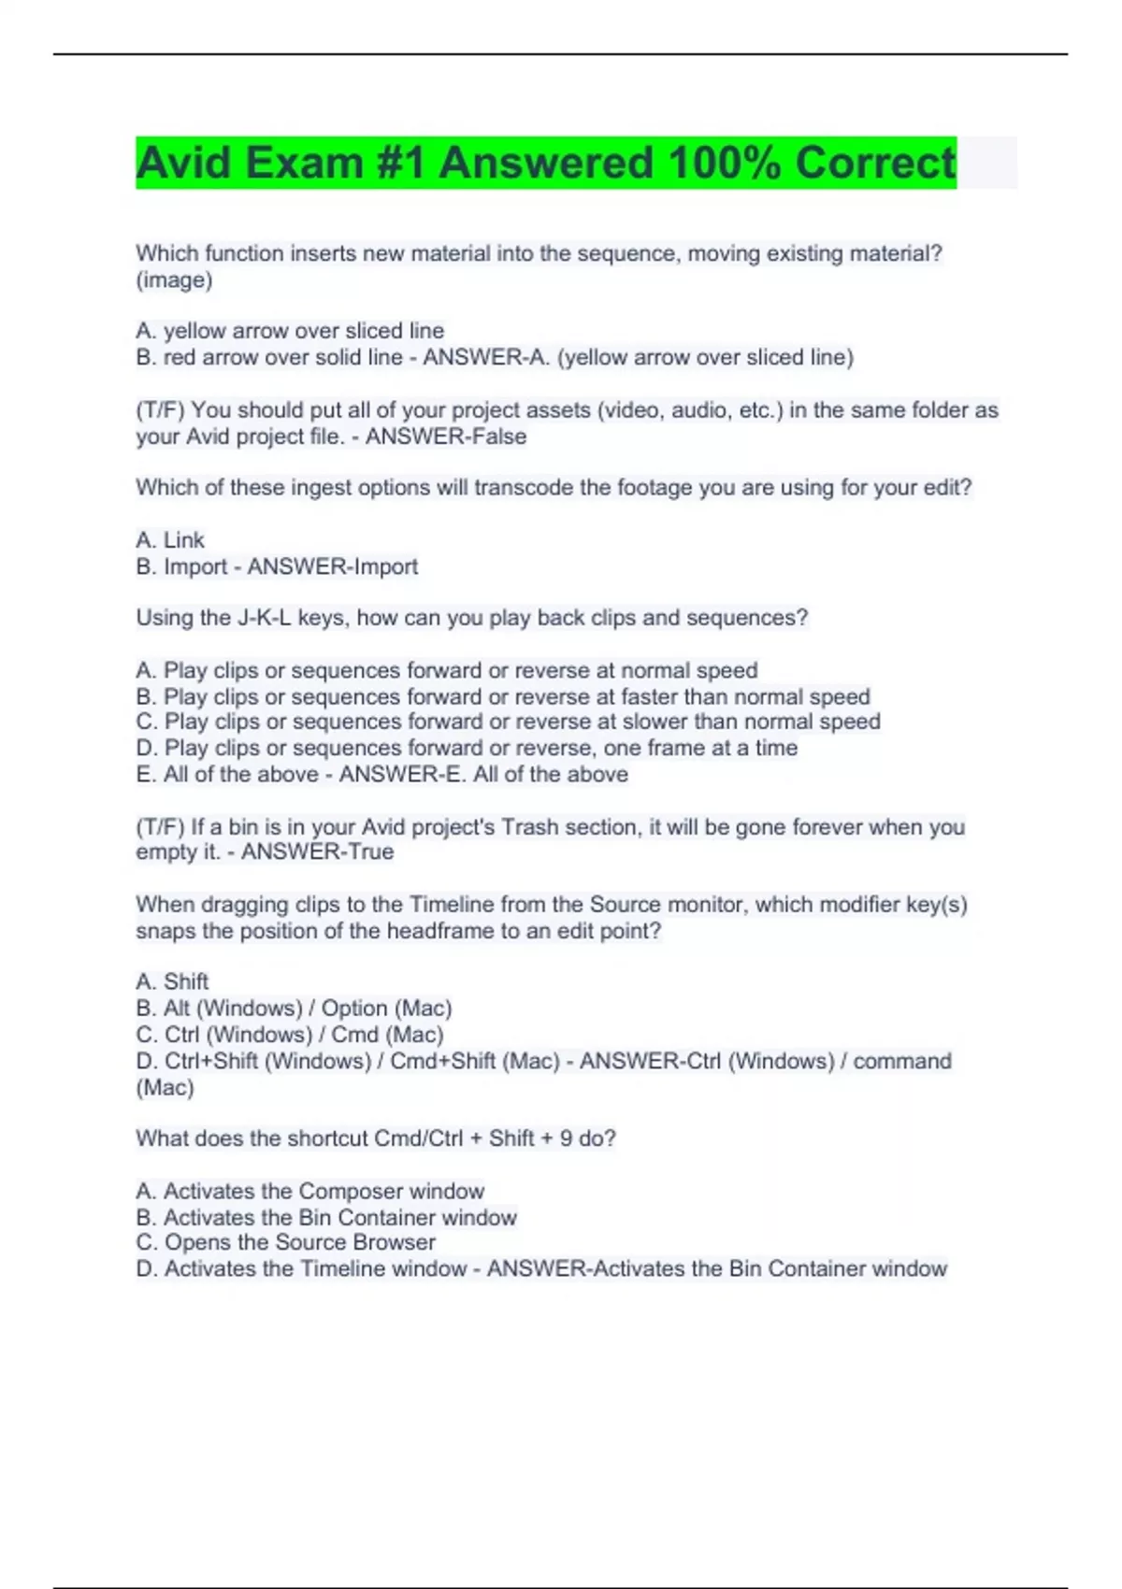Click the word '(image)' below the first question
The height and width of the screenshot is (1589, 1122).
point(174,279)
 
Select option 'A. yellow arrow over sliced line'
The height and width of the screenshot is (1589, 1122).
point(290,331)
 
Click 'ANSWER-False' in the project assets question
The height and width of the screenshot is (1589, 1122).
point(446,437)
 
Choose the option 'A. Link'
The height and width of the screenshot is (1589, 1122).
point(170,540)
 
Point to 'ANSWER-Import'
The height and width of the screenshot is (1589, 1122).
point(332,566)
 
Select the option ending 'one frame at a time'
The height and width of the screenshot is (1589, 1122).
point(467,748)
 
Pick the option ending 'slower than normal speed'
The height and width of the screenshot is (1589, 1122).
point(508,722)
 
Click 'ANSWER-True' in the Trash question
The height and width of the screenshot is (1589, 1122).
point(317,852)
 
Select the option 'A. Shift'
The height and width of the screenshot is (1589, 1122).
point(172,981)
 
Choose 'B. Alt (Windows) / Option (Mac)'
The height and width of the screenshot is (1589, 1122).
point(294,1009)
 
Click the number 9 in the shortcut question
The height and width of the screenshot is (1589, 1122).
point(566,1138)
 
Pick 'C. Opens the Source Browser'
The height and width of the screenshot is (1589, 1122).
point(285,1242)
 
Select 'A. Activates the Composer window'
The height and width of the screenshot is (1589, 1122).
point(309,1191)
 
